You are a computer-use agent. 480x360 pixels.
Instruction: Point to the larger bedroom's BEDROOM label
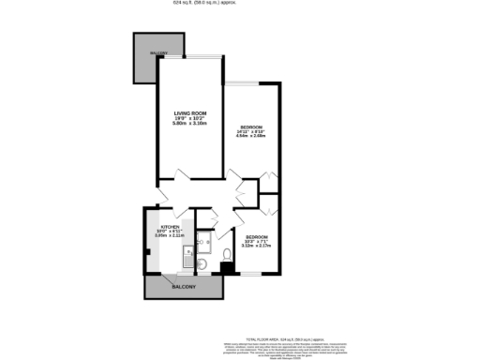(250, 126)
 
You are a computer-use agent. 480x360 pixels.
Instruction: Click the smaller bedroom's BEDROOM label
(256, 236)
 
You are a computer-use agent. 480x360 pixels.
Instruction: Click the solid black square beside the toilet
(227, 270)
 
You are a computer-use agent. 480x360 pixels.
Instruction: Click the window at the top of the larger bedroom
(250, 80)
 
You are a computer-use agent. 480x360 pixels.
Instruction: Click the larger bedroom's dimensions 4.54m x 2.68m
(252, 136)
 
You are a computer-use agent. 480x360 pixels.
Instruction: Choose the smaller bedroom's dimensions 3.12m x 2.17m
(256, 247)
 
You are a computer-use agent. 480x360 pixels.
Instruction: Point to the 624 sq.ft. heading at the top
(240, 5)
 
